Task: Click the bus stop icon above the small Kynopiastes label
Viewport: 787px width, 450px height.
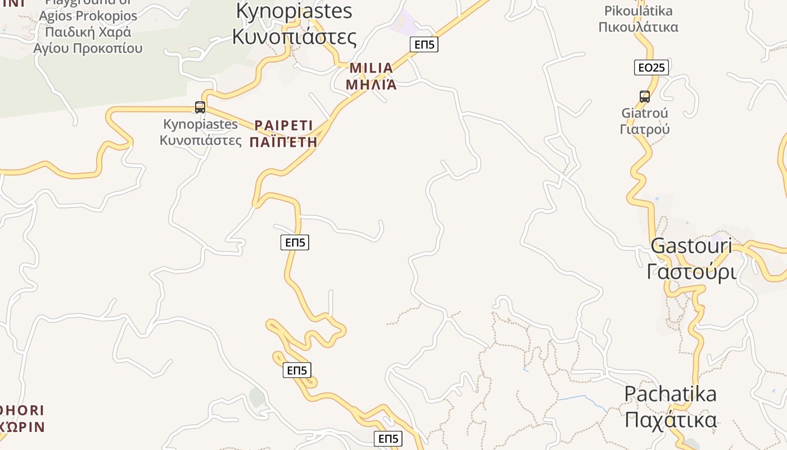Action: (x=200, y=107)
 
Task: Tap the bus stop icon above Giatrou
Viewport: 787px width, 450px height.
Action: (x=644, y=96)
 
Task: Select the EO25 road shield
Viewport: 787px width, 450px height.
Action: (x=651, y=67)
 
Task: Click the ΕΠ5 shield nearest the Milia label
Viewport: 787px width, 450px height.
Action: (x=423, y=44)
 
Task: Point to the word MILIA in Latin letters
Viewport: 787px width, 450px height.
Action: (x=371, y=68)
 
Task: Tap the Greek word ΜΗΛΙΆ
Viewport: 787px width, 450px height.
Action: (x=371, y=85)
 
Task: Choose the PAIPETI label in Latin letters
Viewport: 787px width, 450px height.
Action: (x=283, y=125)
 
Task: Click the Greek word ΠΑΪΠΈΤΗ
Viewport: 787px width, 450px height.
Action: (x=283, y=142)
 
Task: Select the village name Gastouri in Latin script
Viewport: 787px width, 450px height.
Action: (x=691, y=246)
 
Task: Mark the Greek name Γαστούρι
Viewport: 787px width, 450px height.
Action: (x=691, y=272)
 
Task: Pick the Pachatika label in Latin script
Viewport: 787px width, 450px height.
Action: (x=670, y=394)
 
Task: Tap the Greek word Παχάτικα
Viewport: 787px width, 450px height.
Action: (x=670, y=420)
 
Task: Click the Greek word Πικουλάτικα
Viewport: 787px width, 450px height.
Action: (x=638, y=27)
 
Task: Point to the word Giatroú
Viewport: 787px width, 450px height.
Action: (x=644, y=113)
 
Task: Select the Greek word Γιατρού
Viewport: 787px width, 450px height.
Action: (x=644, y=129)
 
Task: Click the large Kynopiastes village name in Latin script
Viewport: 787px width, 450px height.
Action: (x=294, y=11)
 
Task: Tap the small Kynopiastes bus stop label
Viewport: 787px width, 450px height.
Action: (x=201, y=124)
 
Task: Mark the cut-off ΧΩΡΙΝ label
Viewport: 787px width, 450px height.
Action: (x=22, y=427)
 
